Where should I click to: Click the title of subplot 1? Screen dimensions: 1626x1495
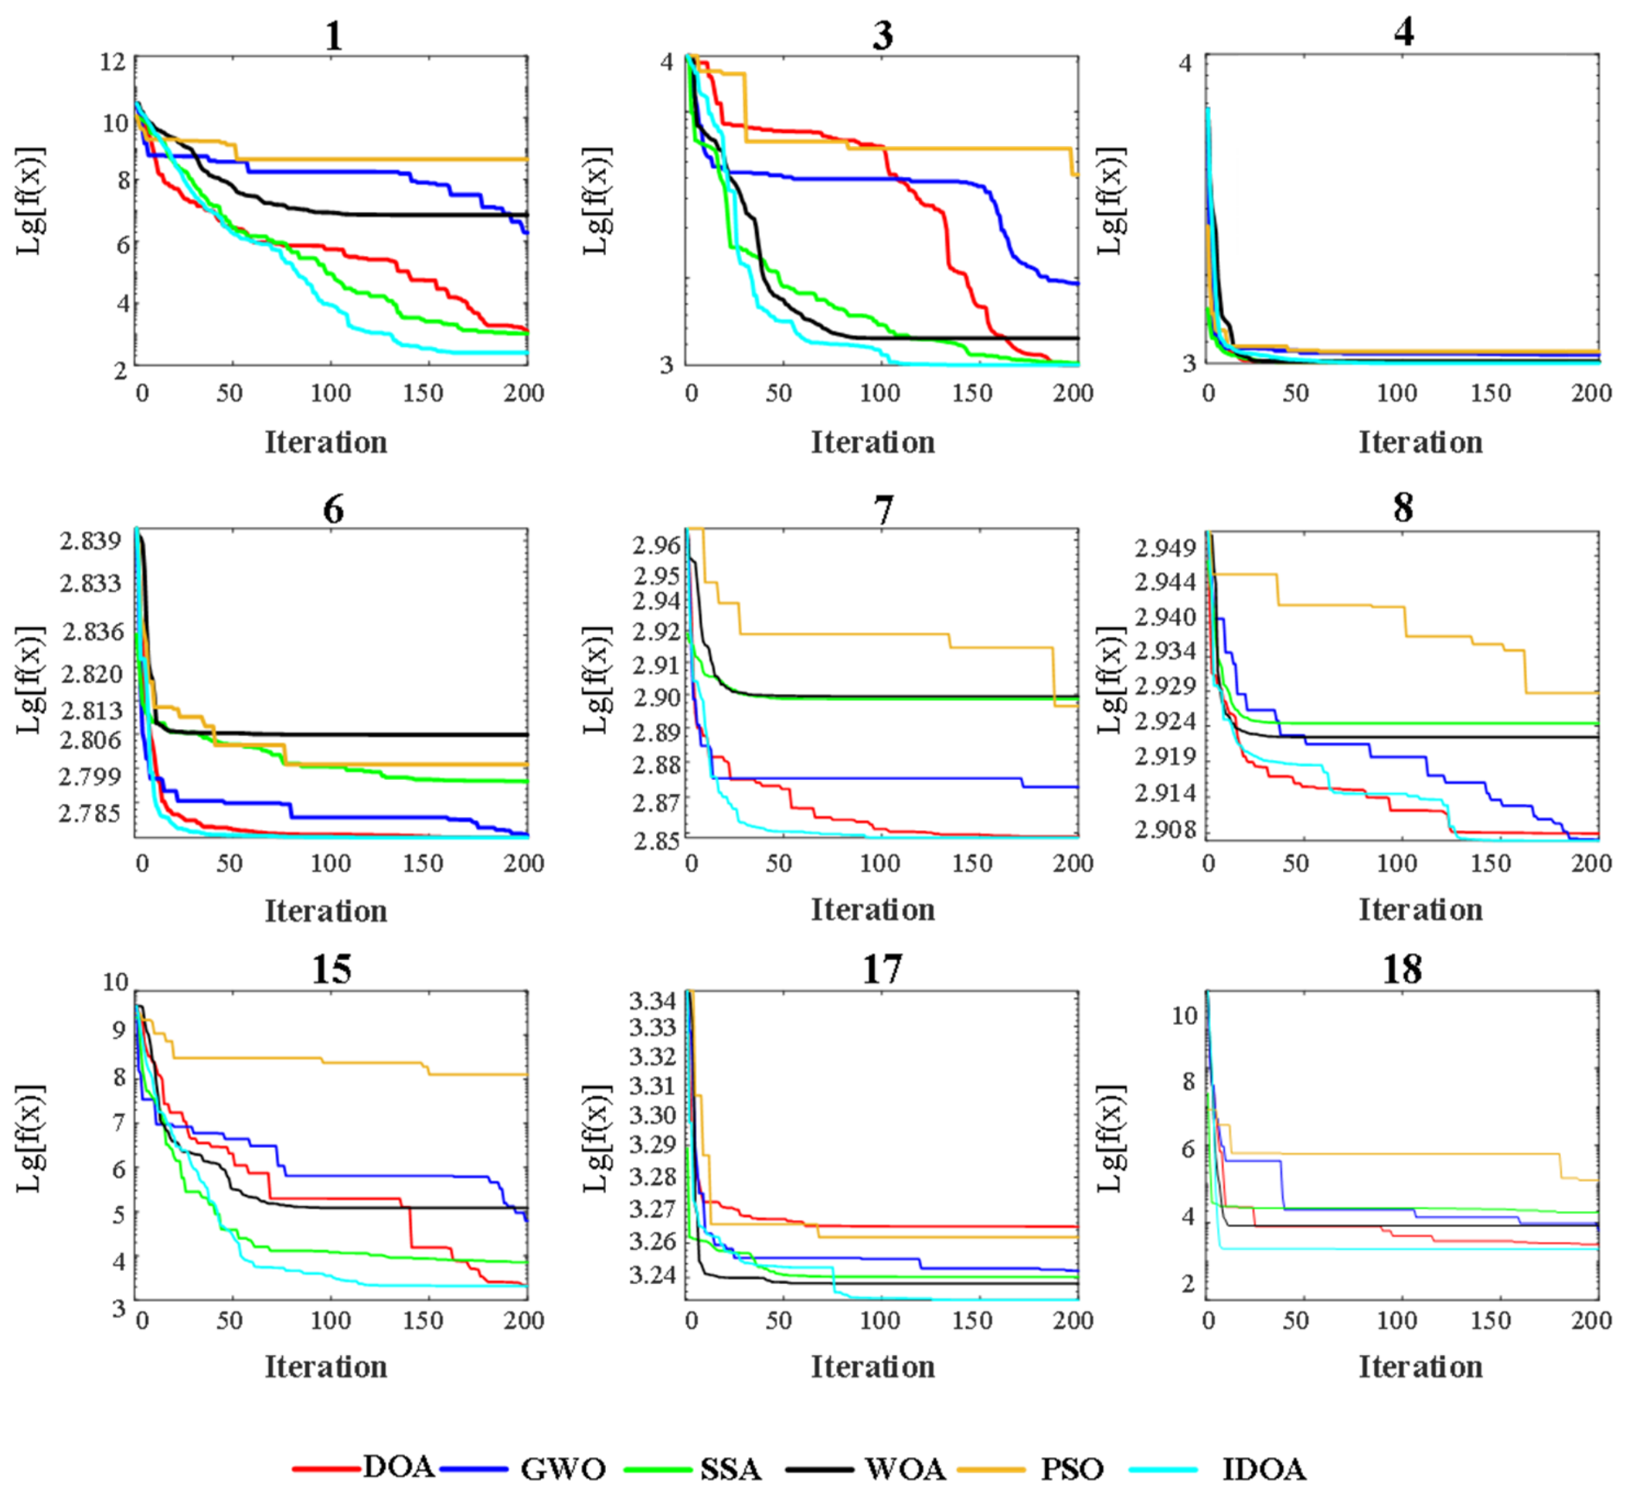333,36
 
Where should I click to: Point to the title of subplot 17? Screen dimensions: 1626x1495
882,969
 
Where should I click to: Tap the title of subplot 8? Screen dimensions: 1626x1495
1403,508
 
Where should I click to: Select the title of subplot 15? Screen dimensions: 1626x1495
332,969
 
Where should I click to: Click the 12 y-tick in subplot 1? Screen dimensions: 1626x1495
114,62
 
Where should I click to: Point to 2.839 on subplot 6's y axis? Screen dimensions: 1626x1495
90,540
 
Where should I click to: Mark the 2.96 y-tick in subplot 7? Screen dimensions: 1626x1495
657,545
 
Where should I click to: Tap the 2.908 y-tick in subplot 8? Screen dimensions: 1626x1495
1165,830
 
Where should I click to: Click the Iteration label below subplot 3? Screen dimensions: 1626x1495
873,442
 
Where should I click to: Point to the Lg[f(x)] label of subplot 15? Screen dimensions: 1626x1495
31,1138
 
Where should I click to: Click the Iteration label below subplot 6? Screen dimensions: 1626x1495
326,911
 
